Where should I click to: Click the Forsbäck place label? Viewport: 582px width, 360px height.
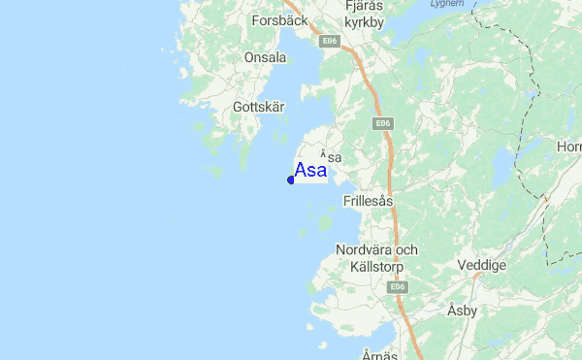pyautogui.click(x=278, y=19)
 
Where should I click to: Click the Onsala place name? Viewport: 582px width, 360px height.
pyautogui.click(x=265, y=58)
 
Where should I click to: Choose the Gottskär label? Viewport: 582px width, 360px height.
pyautogui.click(x=258, y=107)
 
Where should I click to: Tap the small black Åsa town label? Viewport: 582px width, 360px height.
pyautogui.click(x=332, y=155)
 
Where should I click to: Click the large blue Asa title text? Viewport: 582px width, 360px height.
pyautogui.click(x=310, y=172)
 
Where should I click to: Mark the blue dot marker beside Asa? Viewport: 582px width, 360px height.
pyautogui.click(x=291, y=180)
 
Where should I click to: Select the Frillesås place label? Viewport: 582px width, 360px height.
pyautogui.click(x=368, y=202)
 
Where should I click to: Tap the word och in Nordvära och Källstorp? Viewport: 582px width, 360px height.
pyautogui.click(x=405, y=249)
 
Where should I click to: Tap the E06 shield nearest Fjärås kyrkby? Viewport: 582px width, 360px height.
pyautogui.click(x=331, y=41)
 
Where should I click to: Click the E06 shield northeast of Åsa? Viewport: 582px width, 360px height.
pyautogui.click(x=382, y=123)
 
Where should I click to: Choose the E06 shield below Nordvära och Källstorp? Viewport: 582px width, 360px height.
pyautogui.click(x=396, y=287)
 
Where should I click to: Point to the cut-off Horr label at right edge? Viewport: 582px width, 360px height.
pyautogui.click(x=570, y=147)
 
